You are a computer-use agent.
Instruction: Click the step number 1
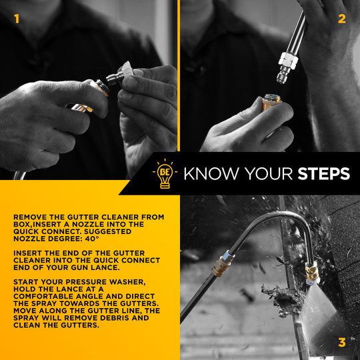(17, 19)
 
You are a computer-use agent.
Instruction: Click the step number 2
(342, 19)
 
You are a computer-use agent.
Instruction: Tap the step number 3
(342, 343)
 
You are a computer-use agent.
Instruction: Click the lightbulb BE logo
(165, 174)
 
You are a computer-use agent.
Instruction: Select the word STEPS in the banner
(324, 173)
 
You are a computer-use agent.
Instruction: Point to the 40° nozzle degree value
(92, 239)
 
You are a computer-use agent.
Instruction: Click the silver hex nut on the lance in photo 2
(289, 61)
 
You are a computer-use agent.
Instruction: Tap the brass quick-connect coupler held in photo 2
(271, 102)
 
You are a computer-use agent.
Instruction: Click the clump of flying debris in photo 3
(283, 299)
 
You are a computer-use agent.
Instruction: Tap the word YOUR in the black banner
(268, 173)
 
